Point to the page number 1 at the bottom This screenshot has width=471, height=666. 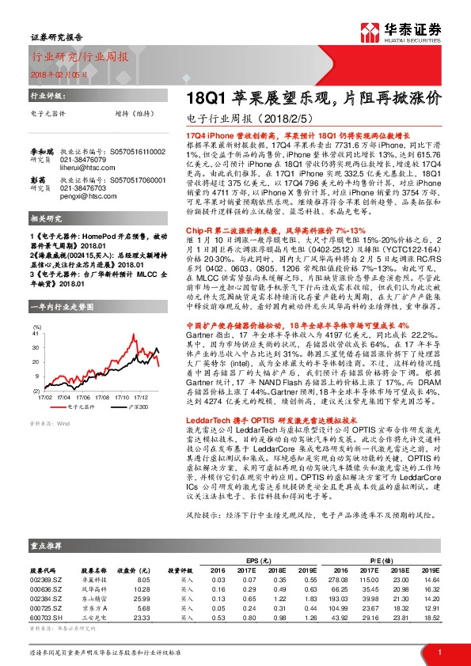pyautogui.click(x=439, y=652)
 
